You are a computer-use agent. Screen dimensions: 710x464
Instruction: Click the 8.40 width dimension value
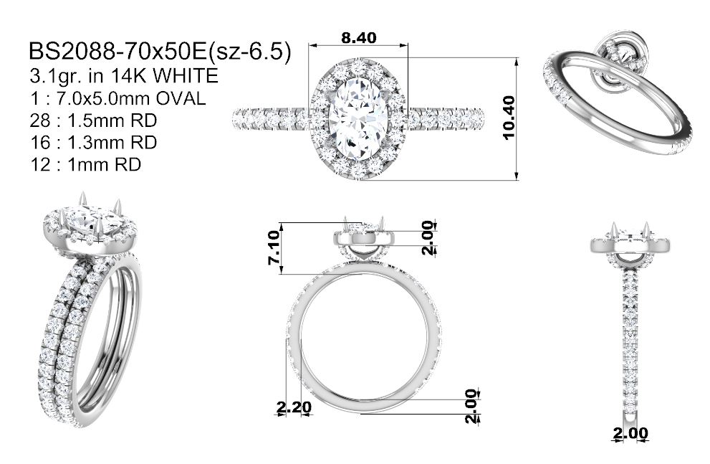coord(359,37)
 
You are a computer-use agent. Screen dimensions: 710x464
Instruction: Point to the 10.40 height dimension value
coord(509,118)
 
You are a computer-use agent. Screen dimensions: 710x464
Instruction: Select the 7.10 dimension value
coord(274,247)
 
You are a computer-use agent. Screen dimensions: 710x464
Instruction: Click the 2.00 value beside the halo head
coord(428,238)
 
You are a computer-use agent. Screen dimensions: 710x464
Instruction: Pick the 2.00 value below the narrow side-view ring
coord(630,433)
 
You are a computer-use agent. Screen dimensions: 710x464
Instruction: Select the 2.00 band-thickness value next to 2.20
coord(471,406)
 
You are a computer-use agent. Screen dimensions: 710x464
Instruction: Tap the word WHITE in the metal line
coord(186,76)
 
